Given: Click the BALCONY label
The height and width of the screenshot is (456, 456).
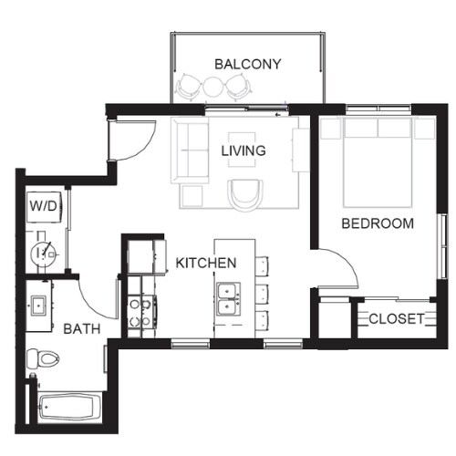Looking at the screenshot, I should click(247, 64).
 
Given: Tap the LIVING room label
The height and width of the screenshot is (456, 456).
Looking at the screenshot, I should click(244, 150).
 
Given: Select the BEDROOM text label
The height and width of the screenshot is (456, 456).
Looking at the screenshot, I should click(377, 223).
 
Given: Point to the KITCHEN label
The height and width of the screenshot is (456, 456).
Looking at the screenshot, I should click(206, 263).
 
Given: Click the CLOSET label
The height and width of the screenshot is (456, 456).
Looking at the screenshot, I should click(396, 318).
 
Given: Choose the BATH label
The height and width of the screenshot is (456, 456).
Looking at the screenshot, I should click(81, 329).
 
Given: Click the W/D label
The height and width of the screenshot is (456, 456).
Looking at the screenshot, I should click(44, 206).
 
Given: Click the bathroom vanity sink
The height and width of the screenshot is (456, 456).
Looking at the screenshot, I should click(40, 305).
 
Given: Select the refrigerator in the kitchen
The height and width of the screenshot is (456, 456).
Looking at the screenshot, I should click(145, 255).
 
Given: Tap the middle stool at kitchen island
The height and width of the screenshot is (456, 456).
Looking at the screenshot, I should click(263, 294).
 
